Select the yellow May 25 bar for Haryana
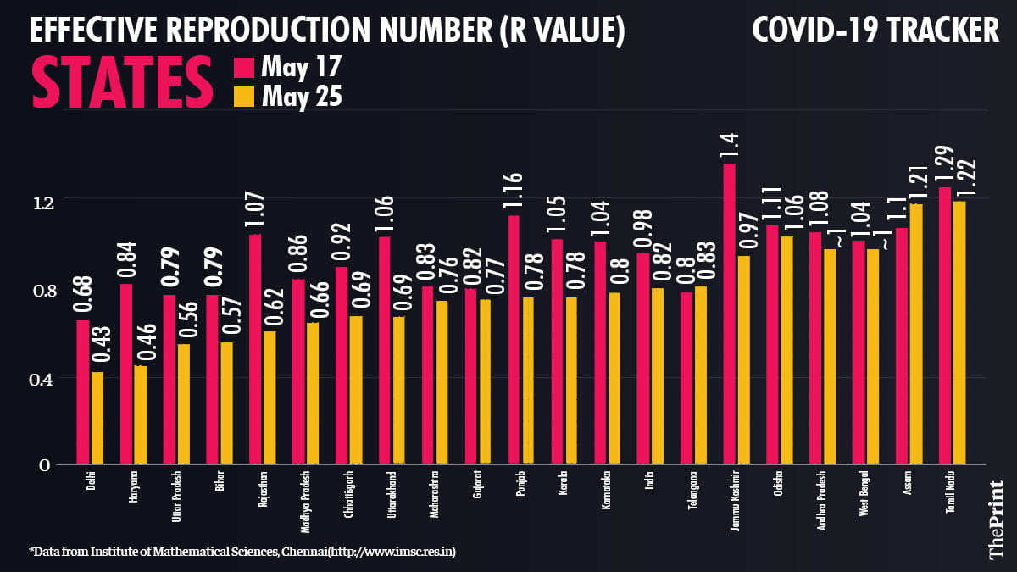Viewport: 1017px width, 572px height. tap(141, 415)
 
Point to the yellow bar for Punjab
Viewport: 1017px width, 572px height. tap(528, 380)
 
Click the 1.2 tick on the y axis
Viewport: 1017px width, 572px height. tap(43, 202)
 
